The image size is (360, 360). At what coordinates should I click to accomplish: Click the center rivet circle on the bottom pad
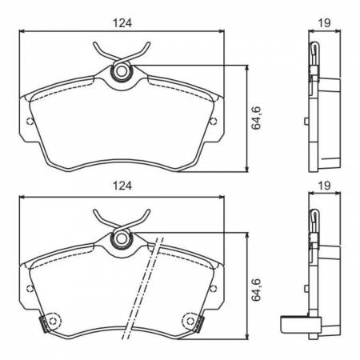click(x=122, y=237)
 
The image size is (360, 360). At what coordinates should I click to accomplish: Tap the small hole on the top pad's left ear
click(x=30, y=122)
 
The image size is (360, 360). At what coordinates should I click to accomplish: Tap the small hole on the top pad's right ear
click(x=213, y=122)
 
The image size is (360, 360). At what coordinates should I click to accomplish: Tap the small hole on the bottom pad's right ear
click(x=213, y=286)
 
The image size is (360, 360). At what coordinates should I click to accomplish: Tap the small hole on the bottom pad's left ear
click(x=30, y=286)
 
